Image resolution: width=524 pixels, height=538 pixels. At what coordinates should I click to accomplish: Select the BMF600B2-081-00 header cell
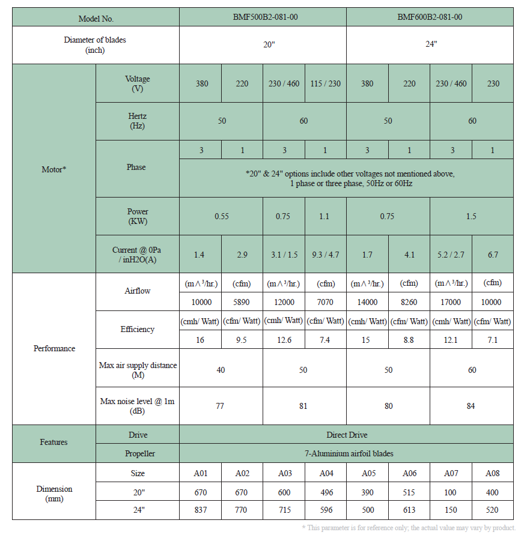click(429, 17)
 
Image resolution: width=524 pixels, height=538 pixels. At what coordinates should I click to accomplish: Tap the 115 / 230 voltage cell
click(325, 83)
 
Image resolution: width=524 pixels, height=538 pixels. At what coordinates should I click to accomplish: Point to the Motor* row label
click(53, 169)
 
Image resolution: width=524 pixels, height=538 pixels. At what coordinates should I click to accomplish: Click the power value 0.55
click(221, 216)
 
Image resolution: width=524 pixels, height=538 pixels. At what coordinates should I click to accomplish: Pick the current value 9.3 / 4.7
click(325, 255)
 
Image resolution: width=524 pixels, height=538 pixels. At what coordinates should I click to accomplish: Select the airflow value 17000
click(451, 302)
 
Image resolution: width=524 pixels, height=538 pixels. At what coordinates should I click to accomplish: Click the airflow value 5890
click(242, 302)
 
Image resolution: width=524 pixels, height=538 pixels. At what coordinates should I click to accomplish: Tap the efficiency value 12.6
click(284, 340)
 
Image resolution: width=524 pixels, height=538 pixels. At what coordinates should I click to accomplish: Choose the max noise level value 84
click(471, 406)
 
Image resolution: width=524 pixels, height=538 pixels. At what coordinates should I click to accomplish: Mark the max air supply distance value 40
click(221, 370)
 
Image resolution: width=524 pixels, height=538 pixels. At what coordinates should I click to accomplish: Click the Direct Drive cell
click(347, 435)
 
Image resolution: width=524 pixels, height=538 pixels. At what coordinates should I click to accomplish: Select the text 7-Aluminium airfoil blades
click(347, 453)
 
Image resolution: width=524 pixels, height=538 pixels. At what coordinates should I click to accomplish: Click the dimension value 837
click(200, 510)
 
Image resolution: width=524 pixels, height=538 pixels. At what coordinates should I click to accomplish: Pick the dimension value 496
click(326, 492)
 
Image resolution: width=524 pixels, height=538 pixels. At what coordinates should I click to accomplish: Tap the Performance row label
click(54, 348)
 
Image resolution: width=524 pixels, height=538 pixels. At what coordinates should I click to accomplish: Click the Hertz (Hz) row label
click(137, 121)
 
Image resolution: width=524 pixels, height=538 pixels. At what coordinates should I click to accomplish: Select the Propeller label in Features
click(137, 453)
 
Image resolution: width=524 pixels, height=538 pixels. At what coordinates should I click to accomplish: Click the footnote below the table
click(409, 527)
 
